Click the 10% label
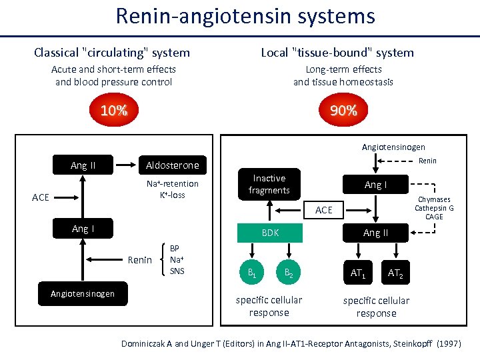click(x=113, y=111)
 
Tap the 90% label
click(x=343, y=111)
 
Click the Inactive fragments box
click(x=269, y=185)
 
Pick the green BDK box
click(x=270, y=233)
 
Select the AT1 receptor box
click(x=359, y=272)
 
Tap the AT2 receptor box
click(x=395, y=272)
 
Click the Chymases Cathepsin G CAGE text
click(x=434, y=208)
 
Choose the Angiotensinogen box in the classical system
click(x=83, y=293)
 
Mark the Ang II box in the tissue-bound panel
click(x=375, y=233)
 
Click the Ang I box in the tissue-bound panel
click(x=375, y=185)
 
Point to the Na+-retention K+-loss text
click(x=172, y=189)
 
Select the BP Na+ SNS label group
click(x=177, y=259)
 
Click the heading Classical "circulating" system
click(x=112, y=53)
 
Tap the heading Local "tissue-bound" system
click(x=337, y=53)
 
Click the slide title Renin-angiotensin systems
click(x=245, y=16)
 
